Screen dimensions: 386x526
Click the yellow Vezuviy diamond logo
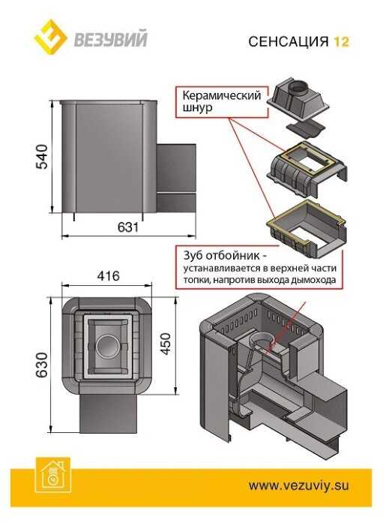tap(51, 37)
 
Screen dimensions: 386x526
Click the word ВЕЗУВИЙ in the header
tap(110, 39)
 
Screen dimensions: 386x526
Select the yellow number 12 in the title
tap(341, 41)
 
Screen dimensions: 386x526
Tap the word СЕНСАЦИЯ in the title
tap(289, 41)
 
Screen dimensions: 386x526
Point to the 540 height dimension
tap(43, 156)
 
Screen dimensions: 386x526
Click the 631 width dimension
tap(128, 227)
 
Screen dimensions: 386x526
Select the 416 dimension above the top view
tap(108, 275)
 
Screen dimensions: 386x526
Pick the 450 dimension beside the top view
tap(166, 344)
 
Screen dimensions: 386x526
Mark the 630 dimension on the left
tap(42, 365)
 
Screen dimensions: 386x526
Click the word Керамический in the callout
tap(221, 95)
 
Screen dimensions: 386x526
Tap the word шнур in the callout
tap(197, 108)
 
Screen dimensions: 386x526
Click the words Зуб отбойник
tap(221, 256)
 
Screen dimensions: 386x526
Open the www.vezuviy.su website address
tap(298, 485)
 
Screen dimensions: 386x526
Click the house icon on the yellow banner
tap(53, 475)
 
